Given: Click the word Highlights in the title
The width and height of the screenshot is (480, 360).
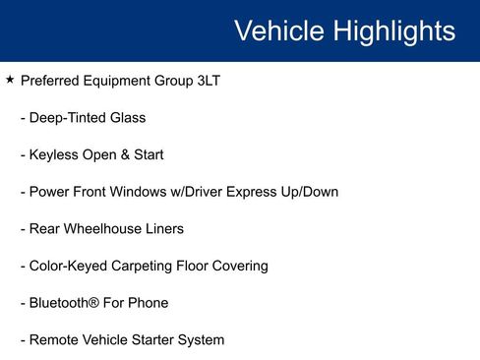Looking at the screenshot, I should [393, 30].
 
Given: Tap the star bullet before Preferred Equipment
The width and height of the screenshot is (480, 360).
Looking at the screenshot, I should [10, 80].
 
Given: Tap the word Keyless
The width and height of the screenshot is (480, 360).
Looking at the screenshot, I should [55, 154].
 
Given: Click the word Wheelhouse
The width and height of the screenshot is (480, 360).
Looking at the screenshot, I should [105, 229].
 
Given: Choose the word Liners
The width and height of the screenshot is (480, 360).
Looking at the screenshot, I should [163, 229].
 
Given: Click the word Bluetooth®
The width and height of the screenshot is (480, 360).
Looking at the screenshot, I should [66, 303].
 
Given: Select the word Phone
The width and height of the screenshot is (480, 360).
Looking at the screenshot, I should [148, 303].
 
